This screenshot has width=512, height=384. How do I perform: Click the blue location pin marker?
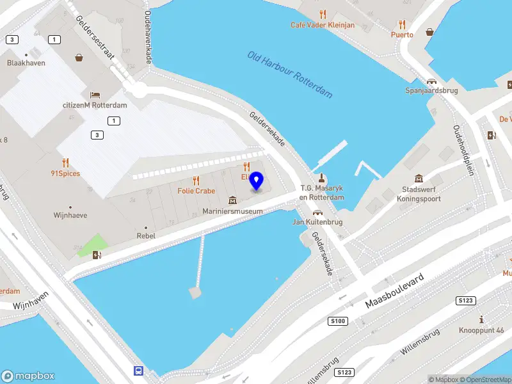tap(257, 181)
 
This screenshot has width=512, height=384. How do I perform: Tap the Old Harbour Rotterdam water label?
tap(290, 74)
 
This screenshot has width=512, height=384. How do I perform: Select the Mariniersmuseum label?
tap(232, 211)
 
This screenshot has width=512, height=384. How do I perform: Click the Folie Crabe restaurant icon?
tap(196, 180)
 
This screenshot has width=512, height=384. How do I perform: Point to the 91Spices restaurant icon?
tap(65, 163)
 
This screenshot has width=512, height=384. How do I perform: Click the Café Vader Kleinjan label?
tap(323, 25)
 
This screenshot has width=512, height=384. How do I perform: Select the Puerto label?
tap(403, 35)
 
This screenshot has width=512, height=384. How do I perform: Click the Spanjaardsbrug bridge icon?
tap(433, 81)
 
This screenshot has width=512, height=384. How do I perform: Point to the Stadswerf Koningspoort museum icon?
tap(419, 178)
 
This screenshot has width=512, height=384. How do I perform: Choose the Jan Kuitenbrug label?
tap(317, 222)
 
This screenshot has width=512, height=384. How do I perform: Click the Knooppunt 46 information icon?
tap(481, 319)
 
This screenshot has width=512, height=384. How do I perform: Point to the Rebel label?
tap(147, 236)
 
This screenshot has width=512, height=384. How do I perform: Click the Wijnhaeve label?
tap(70, 216)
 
